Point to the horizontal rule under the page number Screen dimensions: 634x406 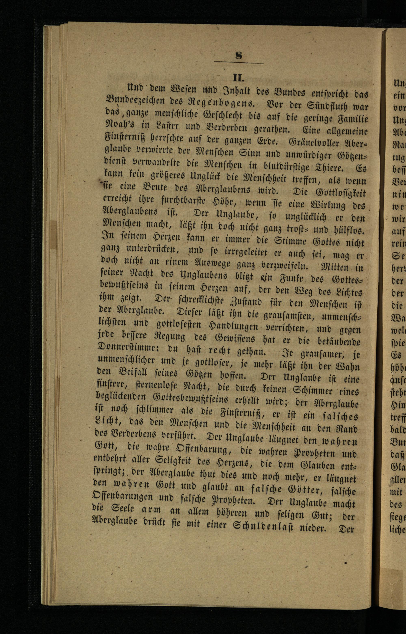point(238,63)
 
